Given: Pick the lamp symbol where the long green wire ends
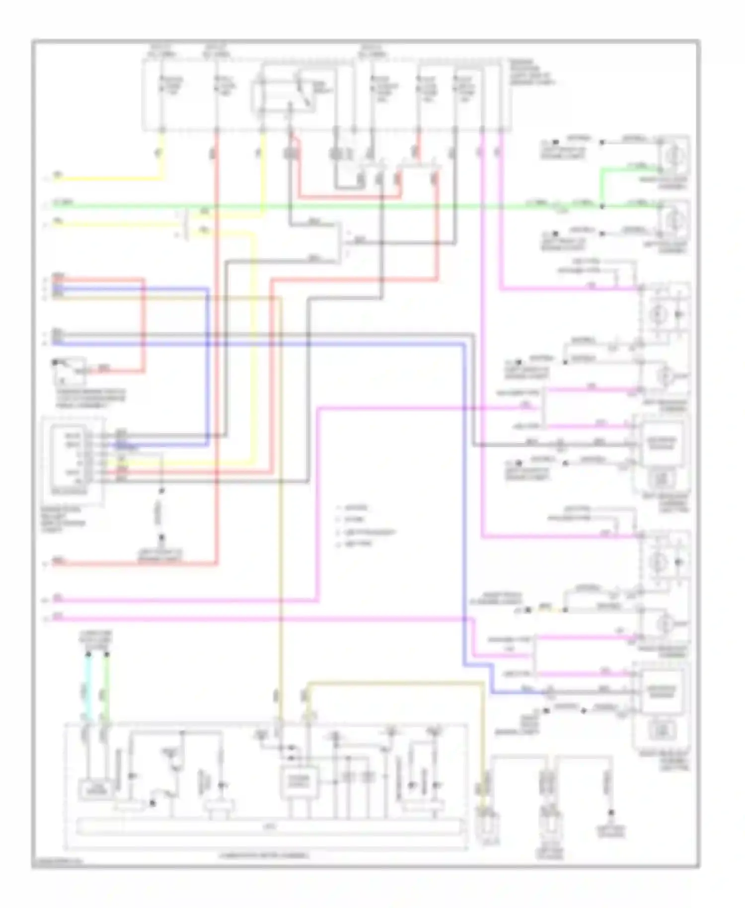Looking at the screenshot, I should click(x=674, y=221).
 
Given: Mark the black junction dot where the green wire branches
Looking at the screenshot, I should click(x=601, y=205).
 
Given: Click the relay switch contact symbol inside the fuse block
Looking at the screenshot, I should click(x=303, y=92).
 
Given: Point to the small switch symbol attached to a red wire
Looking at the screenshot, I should click(x=63, y=370).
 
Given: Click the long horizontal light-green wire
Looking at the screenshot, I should click(x=348, y=206).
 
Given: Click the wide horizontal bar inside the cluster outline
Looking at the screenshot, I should click(x=268, y=827).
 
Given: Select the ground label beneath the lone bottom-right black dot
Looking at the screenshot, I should click(x=611, y=831).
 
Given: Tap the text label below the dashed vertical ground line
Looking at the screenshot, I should click(x=160, y=555).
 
